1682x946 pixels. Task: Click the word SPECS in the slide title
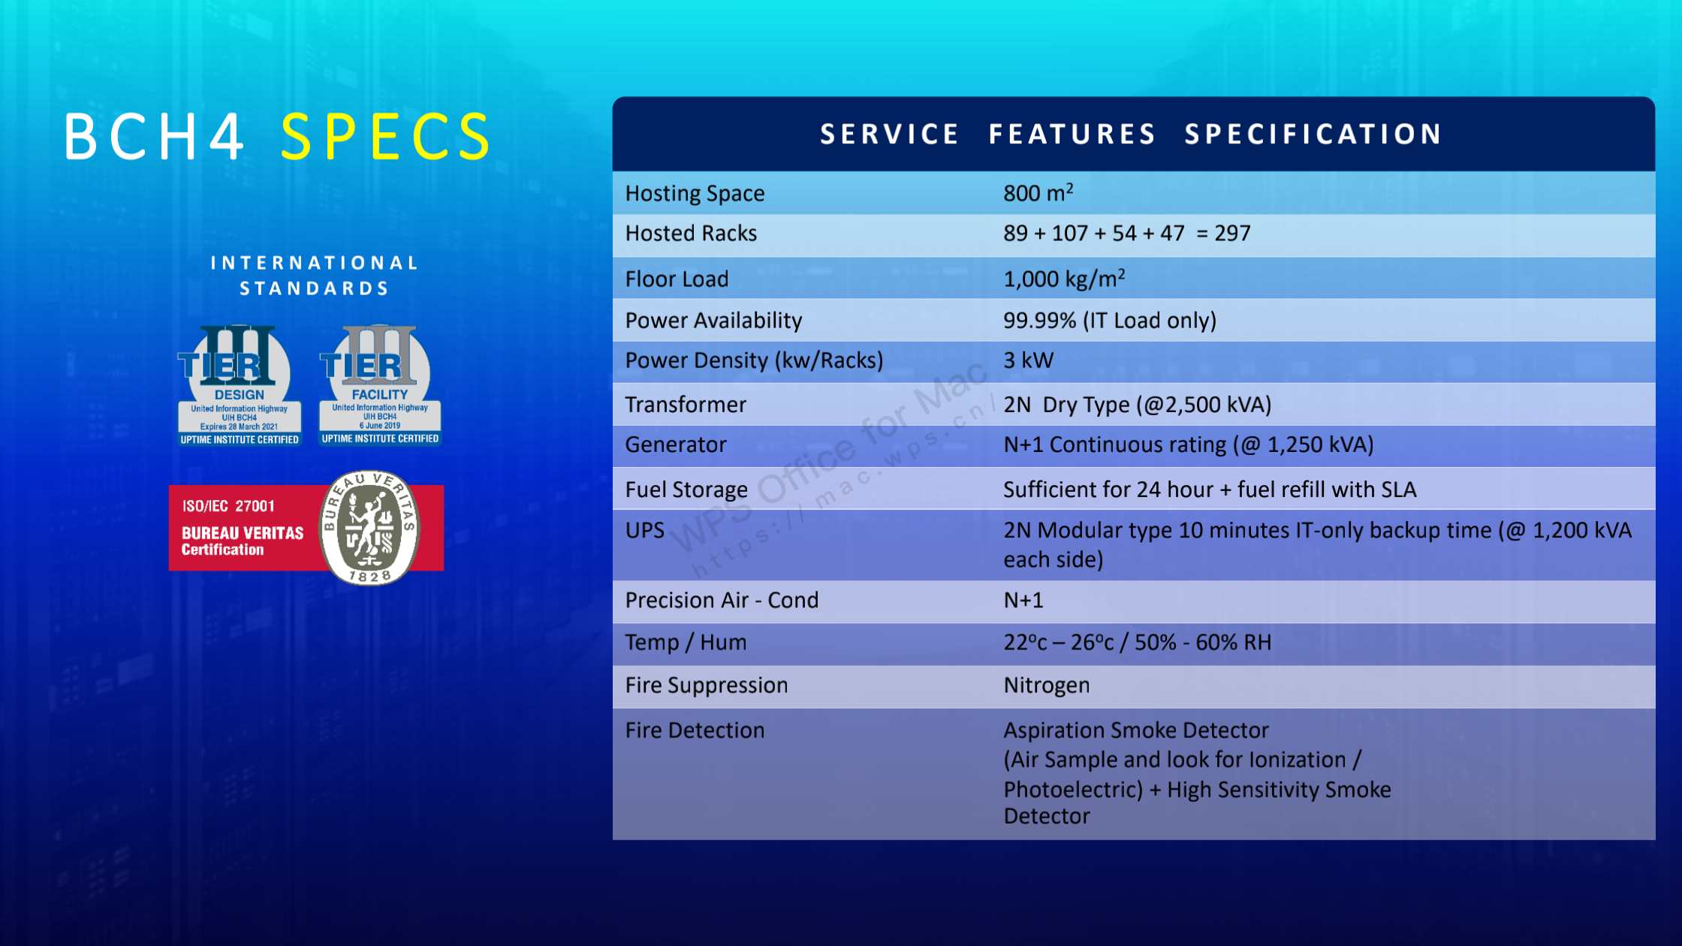click(x=386, y=137)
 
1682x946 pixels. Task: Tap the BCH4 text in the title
click(x=155, y=137)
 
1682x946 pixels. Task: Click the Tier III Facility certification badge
click(x=380, y=385)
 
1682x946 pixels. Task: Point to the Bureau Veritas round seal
click(x=369, y=528)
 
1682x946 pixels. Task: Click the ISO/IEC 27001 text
click(x=228, y=506)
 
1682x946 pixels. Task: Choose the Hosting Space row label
click(x=695, y=194)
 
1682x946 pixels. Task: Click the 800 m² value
click(x=1038, y=193)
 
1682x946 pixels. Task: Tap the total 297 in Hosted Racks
click(x=1233, y=233)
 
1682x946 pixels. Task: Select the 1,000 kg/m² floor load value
click(x=1064, y=279)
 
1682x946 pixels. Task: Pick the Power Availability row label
click(x=713, y=321)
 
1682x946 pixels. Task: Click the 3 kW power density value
click(x=1029, y=360)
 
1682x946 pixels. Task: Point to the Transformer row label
click(x=686, y=405)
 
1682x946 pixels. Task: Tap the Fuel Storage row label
click(x=686, y=490)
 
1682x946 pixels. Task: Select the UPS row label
click(x=645, y=530)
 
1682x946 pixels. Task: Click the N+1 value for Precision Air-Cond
click(x=1023, y=600)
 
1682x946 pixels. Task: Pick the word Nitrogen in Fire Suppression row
click(x=1047, y=685)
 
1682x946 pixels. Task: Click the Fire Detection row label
click(x=695, y=730)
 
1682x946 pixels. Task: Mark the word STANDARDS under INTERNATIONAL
click(x=314, y=288)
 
